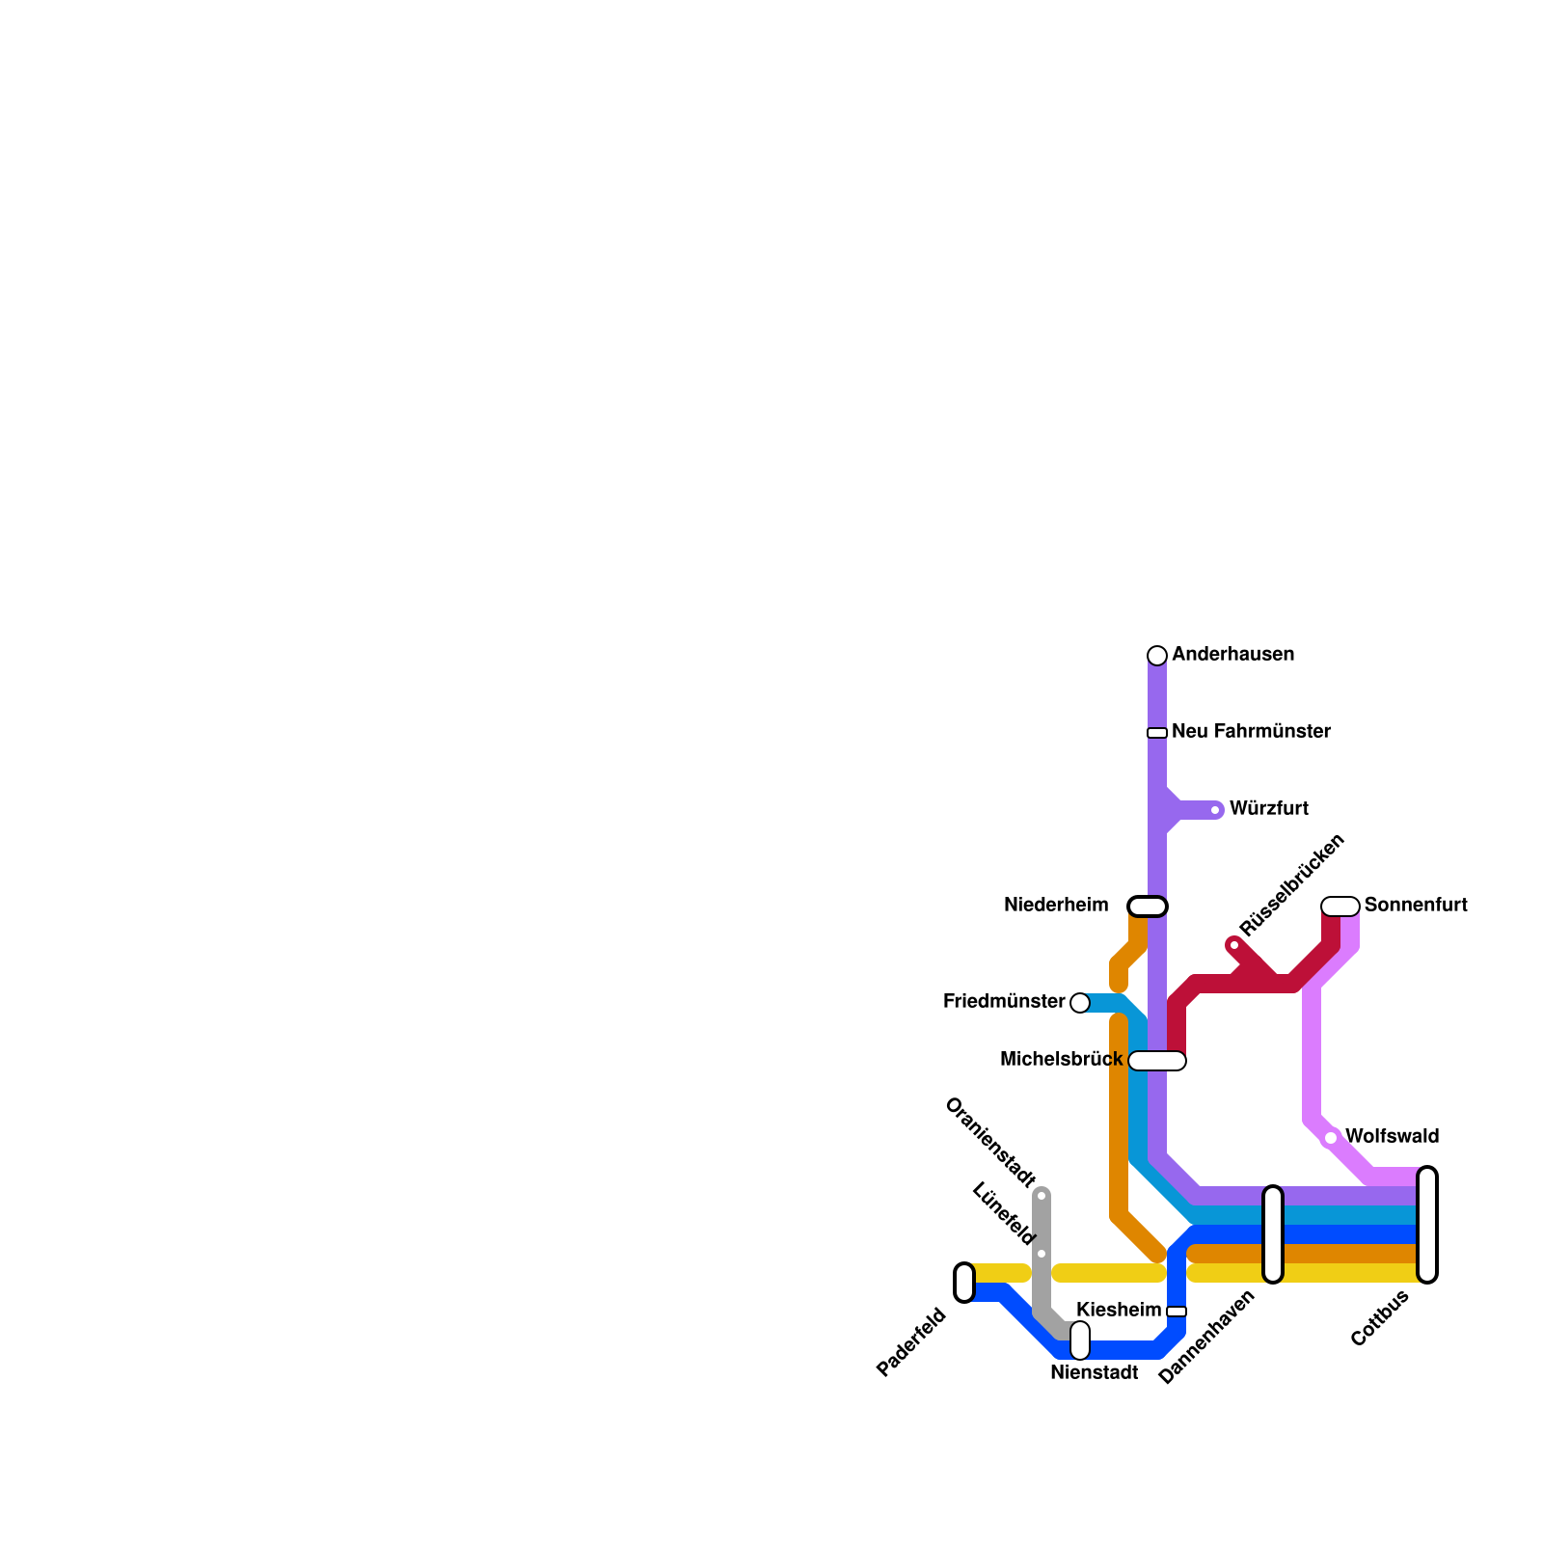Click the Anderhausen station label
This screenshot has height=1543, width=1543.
point(1232,655)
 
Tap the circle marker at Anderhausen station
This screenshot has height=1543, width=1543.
point(1157,656)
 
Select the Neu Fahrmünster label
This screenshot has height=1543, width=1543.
point(1251,732)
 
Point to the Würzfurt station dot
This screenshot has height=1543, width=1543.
point(1215,810)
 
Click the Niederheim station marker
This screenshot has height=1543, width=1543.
point(1148,907)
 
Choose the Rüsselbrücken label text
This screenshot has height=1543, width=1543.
point(1291,885)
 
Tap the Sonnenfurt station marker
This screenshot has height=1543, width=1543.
point(1340,907)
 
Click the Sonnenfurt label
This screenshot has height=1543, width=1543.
point(1416,906)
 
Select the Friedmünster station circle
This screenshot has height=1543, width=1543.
point(1080,1003)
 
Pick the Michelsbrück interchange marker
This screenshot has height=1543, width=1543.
point(1157,1061)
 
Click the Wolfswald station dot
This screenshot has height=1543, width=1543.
point(1331,1138)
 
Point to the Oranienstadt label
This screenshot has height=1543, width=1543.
point(989,1142)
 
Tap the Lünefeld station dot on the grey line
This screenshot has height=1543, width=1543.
point(1042,1254)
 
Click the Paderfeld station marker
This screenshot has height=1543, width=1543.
point(964,1283)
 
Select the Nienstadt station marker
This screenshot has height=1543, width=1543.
point(1080,1340)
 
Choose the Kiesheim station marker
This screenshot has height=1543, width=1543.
point(1177,1312)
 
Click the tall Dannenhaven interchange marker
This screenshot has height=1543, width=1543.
point(1273,1234)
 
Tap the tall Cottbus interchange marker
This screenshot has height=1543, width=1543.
point(1427,1225)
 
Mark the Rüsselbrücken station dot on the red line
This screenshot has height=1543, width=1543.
point(1234,945)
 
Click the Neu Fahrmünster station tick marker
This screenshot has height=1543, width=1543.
point(1157,733)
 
